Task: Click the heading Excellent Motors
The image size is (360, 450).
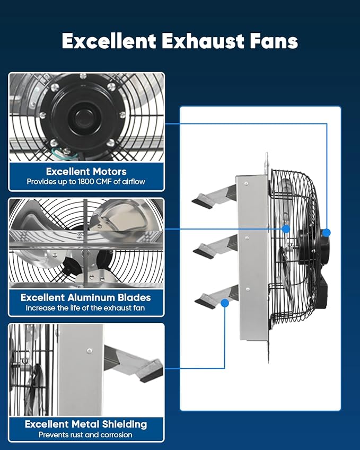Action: (x=86, y=171)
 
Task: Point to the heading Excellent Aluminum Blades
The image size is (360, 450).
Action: (x=86, y=297)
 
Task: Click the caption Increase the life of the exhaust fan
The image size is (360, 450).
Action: (x=85, y=308)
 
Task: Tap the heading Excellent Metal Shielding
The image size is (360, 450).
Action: (x=86, y=424)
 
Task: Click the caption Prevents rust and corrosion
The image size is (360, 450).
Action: (x=85, y=435)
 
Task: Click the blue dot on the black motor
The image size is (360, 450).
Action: (x=327, y=232)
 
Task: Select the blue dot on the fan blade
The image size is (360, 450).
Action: (x=286, y=229)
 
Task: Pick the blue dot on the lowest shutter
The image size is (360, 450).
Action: (x=225, y=303)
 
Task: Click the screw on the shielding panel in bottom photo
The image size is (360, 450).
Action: (x=89, y=350)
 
